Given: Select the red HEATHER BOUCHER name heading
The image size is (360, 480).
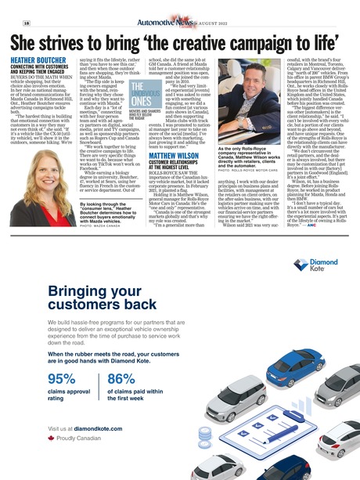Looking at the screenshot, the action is (x=37, y=60).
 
